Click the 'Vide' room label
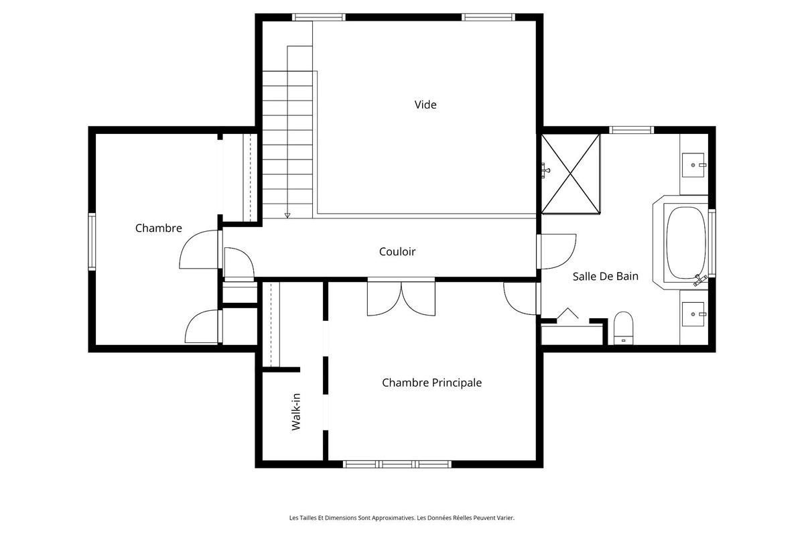click(x=425, y=105)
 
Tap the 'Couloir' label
click(x=397, y=252)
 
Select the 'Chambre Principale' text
click(x=431, y=383)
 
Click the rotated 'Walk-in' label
click(x=295, y=412)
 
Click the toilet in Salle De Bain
click(x=623, y=328)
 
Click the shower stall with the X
click(x=570, y=173)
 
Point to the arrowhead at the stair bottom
click(x=287, y=215)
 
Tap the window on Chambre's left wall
click(x=92, y=241)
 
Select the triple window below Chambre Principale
click(x=398, y=464)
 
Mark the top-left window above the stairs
click(x=319, y=17)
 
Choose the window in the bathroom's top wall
click(x=630, y=130)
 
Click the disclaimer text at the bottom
click(x=401, y=517)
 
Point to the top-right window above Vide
click(x=488, y=17)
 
